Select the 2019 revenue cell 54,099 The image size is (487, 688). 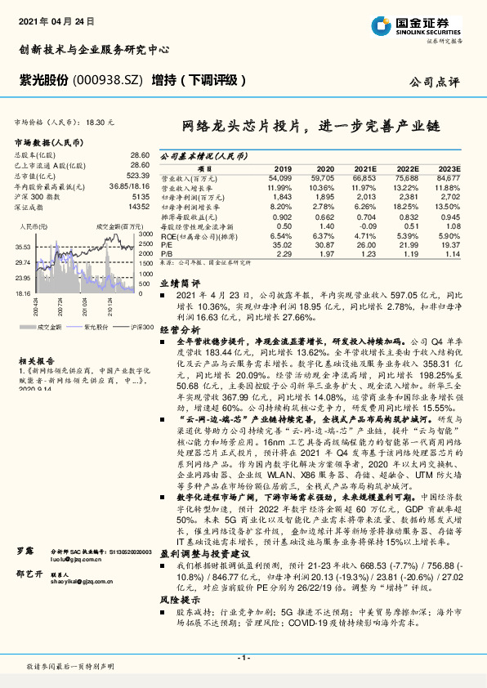(279, 176)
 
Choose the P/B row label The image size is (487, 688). (166, 254)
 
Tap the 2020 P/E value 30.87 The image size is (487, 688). (325, 244)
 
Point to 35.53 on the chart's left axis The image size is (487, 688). (23, 246)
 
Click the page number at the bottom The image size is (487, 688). (243, 657)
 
